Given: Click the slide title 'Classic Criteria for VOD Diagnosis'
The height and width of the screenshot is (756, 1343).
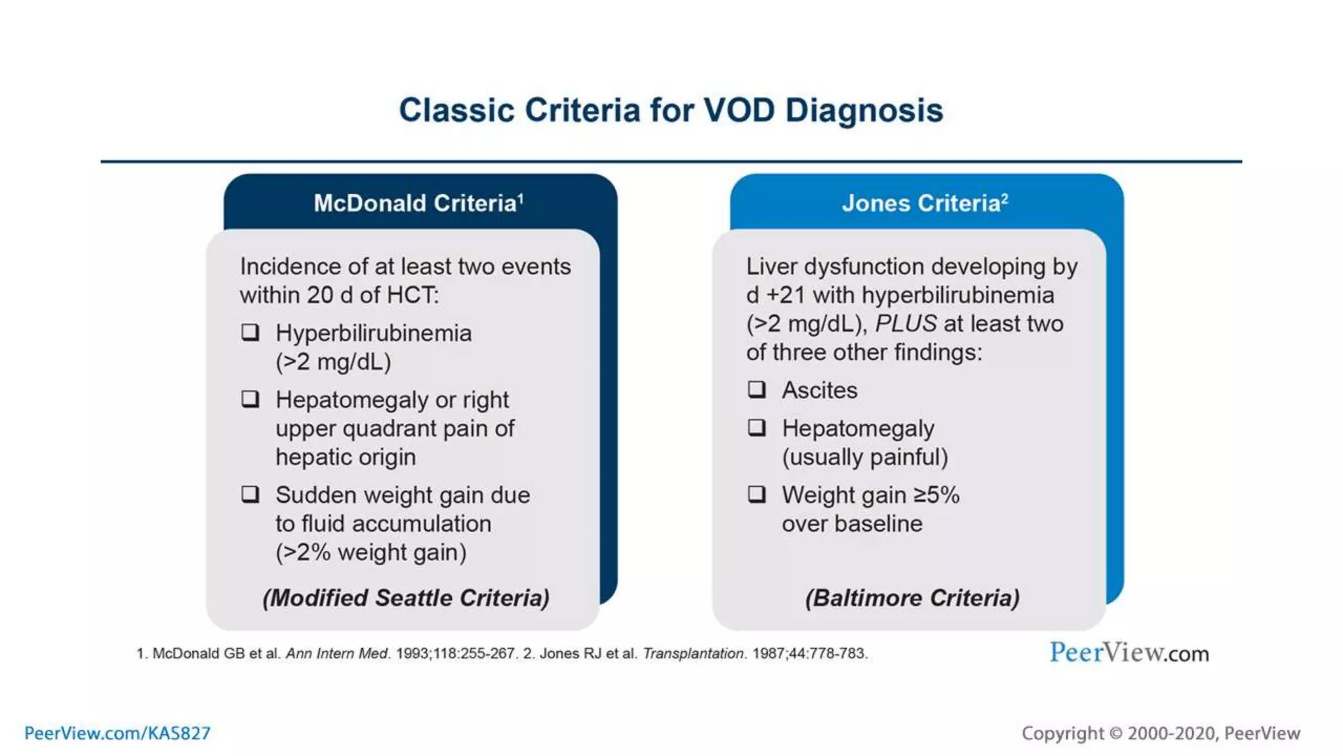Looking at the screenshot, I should (671, 110).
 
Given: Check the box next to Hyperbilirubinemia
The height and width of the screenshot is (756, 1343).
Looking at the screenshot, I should (251, 332).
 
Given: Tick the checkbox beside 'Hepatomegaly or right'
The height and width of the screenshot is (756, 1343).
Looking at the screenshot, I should (251, 399).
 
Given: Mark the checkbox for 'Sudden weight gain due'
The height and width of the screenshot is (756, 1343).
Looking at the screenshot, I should (251, 494).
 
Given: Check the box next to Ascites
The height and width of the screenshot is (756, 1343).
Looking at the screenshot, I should (757, 390).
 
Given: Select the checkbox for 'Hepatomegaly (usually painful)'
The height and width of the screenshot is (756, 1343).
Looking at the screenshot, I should (757, 428).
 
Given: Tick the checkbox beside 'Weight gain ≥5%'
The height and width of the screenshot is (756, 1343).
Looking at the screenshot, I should (757, 494).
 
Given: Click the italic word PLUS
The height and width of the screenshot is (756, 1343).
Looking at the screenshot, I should (906, 324).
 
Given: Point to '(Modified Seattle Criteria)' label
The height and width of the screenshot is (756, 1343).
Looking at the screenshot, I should (406, 598).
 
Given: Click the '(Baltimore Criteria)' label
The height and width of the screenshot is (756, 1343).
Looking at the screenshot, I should (912, 598).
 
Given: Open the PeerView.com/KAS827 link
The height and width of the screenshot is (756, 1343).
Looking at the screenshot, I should (117, 733).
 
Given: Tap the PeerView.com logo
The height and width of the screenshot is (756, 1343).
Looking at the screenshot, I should (1129, 652).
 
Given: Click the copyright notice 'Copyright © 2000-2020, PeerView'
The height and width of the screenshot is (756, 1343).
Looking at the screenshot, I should (1161, 733).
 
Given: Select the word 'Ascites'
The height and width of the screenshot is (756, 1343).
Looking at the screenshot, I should (820, 390).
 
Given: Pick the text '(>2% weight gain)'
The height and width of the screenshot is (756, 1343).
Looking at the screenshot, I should (371, 553).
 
